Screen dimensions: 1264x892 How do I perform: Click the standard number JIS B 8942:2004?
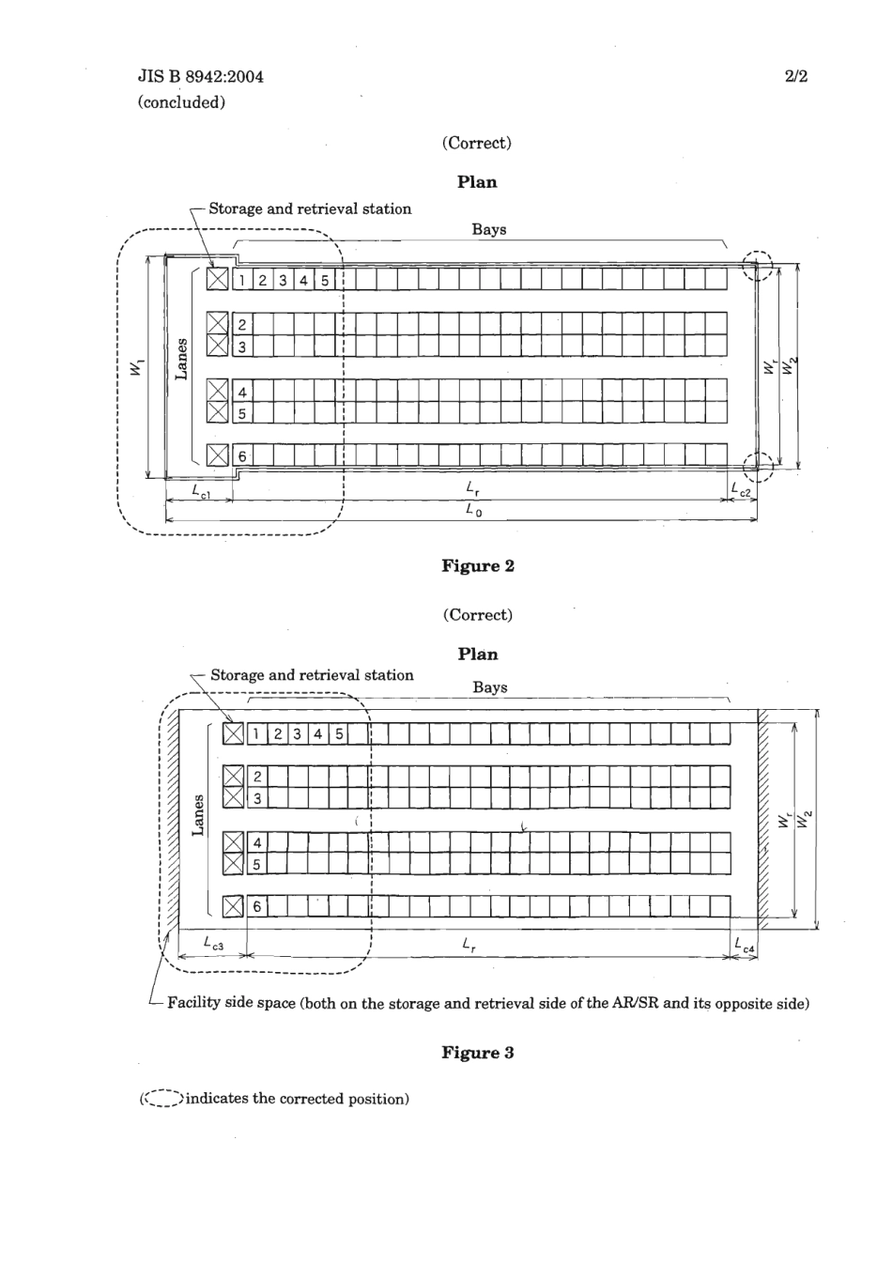(200, 76)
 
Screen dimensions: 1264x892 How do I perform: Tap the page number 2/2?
(795, 76)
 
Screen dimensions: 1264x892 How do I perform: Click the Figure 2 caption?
(477, 565)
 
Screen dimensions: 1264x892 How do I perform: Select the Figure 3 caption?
(477, 1052)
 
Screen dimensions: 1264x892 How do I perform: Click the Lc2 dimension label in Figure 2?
(742, 490)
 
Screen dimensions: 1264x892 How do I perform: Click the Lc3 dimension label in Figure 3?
(214, 944)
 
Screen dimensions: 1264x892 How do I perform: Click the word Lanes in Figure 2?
(182, 359)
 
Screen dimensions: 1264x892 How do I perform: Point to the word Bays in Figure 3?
(489, 686)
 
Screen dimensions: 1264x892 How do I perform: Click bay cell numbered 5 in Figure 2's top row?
(325, 280)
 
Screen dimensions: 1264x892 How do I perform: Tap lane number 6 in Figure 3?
(257, 906)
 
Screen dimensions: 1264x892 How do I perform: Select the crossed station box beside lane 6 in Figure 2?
(218, 455)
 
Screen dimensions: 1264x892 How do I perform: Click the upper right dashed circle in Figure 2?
(757, 266)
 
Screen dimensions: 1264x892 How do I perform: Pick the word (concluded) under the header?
(181, 102)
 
